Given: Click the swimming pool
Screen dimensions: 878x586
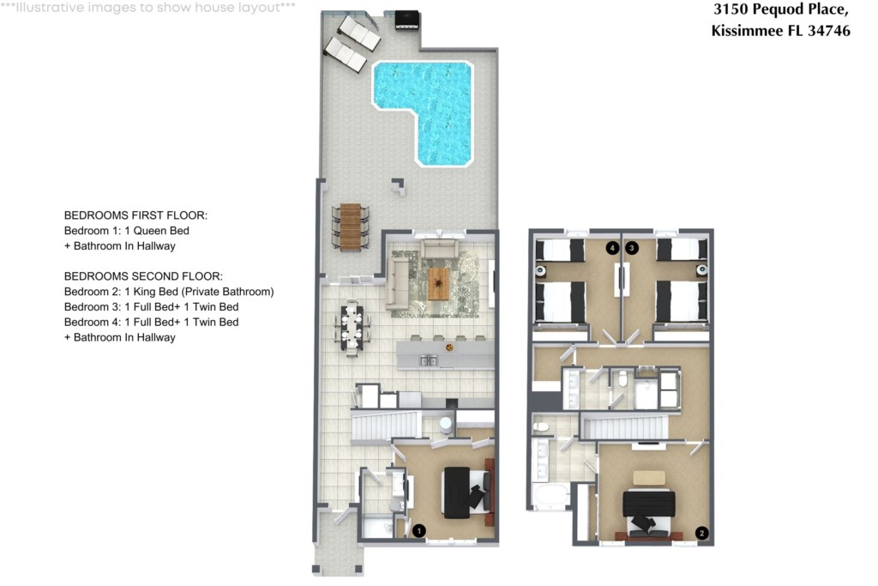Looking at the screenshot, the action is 442,106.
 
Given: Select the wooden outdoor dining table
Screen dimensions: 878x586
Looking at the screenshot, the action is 351,227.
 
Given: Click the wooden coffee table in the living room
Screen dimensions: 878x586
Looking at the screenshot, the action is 438,283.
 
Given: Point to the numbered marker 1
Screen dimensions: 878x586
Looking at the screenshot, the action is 418,530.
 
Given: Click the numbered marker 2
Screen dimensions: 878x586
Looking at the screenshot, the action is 701,534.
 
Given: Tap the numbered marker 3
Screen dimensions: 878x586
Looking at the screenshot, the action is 632,248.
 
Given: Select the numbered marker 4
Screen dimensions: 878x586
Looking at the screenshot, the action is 612,248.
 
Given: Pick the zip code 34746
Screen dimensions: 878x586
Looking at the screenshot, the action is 829,30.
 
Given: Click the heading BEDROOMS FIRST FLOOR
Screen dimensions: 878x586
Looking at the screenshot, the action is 135,215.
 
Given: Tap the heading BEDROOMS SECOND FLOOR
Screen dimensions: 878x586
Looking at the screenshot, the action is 143,276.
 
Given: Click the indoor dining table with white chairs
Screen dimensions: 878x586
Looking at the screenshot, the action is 352,328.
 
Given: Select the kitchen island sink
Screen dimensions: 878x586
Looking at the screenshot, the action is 429,361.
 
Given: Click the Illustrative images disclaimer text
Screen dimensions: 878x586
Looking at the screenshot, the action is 147,8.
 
